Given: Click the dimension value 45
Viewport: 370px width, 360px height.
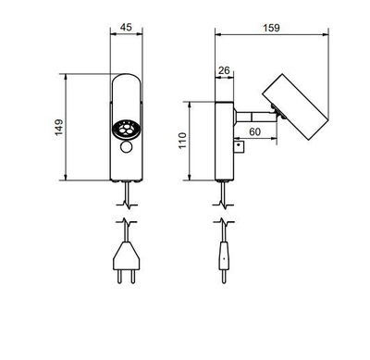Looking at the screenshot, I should click(128, 27).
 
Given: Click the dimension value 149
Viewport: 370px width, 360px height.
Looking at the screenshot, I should click(58, 127).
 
